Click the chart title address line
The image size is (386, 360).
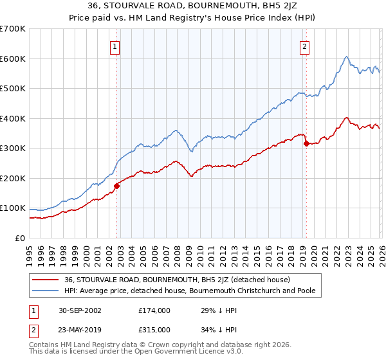tap(193, 7)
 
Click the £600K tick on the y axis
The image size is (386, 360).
tap(13, 59)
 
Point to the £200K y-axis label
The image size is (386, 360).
tap(13, 178)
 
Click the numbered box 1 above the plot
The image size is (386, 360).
tap(115, 46)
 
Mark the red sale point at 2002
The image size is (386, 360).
tap(117, 186)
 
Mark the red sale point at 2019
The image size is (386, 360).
tap(306, 143)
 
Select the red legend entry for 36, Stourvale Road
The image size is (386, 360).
tap(178, 280)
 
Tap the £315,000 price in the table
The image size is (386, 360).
tap(154, 329)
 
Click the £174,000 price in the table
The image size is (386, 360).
tap(154, 310)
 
